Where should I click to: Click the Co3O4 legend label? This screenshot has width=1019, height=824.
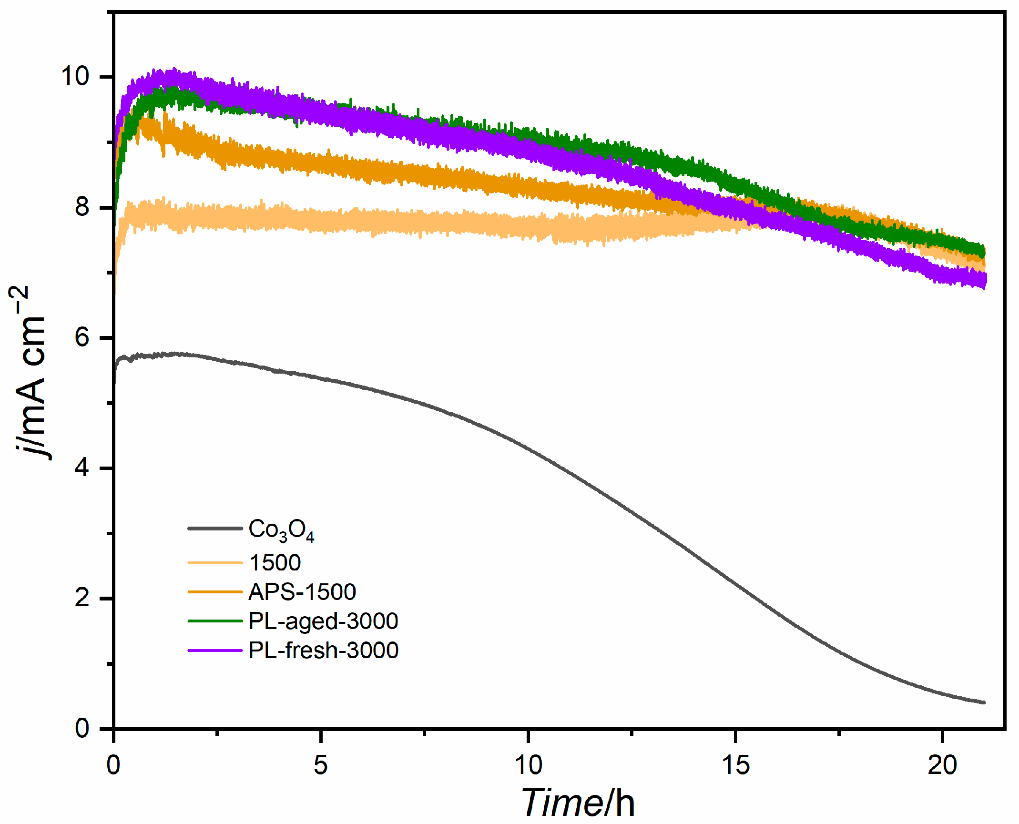point(281,530)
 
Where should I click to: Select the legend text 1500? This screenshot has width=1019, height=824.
point(275,563)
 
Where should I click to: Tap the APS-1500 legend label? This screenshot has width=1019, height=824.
point(302,592)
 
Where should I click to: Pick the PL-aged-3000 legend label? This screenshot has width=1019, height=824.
point(323,621)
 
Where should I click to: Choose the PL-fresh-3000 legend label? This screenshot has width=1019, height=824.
point(323,650)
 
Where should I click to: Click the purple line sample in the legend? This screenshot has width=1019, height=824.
point(215,650)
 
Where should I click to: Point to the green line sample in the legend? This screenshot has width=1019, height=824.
point(215,621)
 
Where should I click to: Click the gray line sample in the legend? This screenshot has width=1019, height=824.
point(215,529)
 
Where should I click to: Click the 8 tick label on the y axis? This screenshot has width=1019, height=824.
point(82,207)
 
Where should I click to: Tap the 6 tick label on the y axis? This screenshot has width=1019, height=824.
point(82,337)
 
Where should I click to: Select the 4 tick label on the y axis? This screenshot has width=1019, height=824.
point(82,468)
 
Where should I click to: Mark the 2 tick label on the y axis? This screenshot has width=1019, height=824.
point(82,598)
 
